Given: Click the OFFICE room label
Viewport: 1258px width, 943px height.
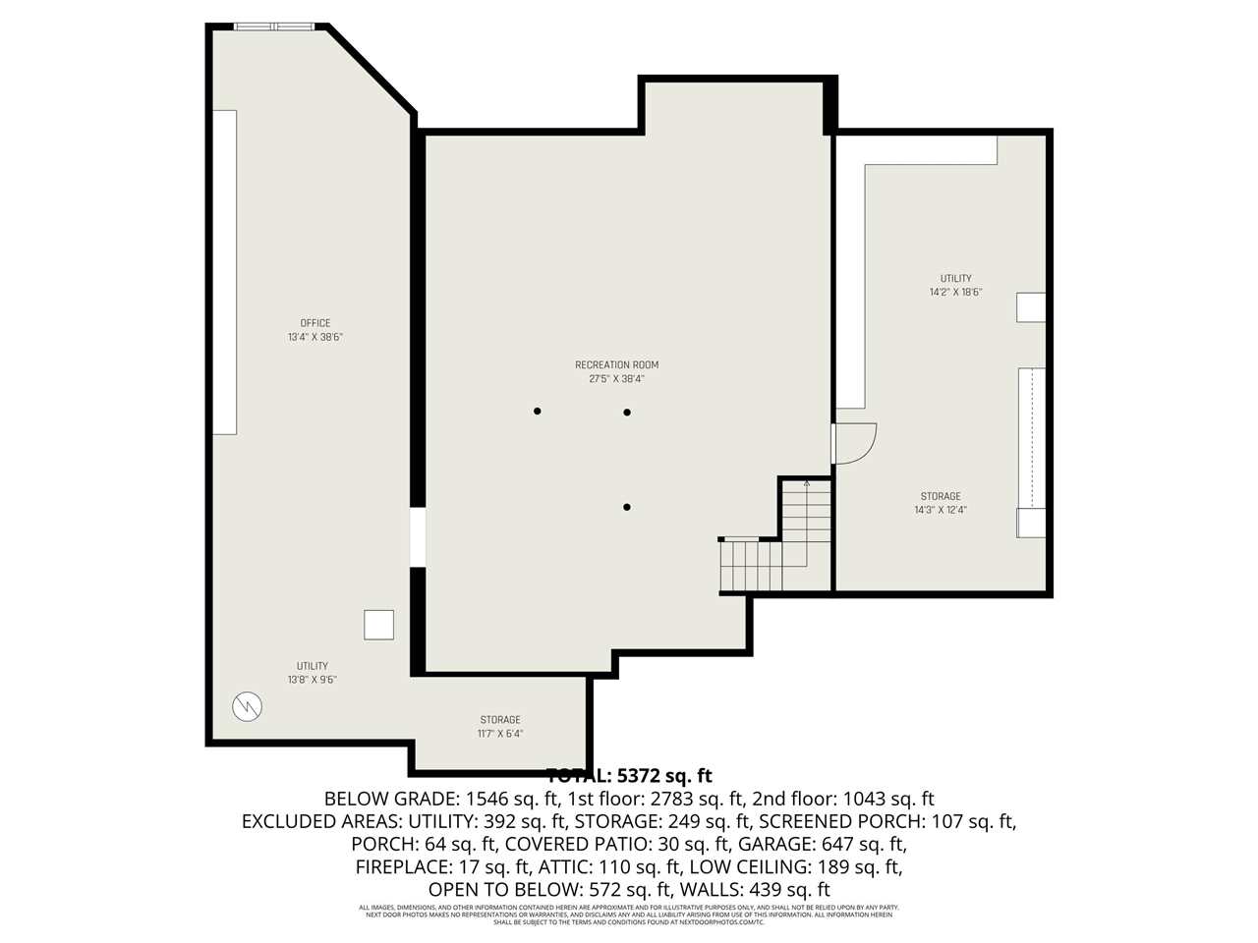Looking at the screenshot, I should pos(314,323).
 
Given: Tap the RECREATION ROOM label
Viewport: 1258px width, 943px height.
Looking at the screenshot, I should pos(616,364).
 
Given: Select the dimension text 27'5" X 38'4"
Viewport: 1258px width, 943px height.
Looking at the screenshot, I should pos(616,379).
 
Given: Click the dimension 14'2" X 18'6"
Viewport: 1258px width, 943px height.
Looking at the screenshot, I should pos(955,292).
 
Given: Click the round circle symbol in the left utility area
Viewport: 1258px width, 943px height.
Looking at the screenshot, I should pos(247,705).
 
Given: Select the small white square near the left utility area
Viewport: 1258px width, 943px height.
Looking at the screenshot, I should pos(378,625).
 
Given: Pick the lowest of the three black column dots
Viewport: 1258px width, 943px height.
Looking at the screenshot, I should pos(626,507).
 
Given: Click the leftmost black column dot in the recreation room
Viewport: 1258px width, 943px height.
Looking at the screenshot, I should pos(537,411).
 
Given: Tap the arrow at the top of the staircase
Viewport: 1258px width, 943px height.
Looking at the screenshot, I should pos(807,483).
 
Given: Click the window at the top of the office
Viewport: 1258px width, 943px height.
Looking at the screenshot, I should pos(272,27).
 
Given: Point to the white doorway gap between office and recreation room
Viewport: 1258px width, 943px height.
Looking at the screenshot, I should pos(418,537).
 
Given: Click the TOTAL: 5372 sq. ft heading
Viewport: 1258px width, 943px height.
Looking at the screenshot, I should pos(628,774).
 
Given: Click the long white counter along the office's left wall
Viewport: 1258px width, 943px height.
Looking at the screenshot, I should pos(224,272).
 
